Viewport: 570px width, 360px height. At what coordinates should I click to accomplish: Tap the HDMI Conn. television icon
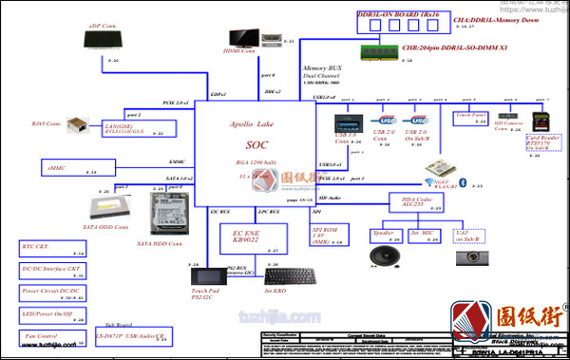[242, 37]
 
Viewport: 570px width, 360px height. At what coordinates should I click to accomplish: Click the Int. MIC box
[423, 235]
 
